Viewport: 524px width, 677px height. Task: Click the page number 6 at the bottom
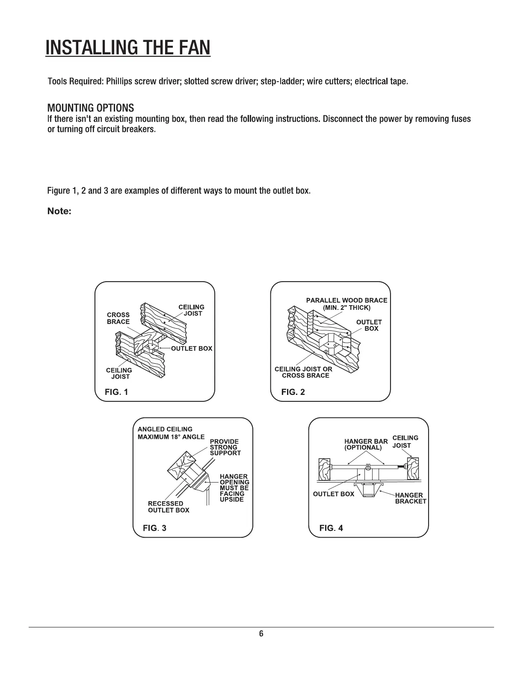click(x=261, y=634)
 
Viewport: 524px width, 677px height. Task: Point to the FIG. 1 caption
click(x=116, y=392)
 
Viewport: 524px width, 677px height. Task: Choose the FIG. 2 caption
click(x=293, y=392)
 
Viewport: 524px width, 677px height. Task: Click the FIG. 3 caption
click(x=154, y=528)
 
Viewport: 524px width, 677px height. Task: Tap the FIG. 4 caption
click(x=331, y=528)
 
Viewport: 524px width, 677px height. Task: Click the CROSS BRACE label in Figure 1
click(x=118, y=318)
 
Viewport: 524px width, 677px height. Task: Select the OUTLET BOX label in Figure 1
click(x=191, y=348)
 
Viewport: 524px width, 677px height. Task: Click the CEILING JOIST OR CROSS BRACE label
click(x=304, y=372)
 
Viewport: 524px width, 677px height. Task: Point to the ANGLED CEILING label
click(x=165, y=429)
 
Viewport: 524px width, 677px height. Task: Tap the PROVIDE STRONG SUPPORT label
click(x=225, y=447)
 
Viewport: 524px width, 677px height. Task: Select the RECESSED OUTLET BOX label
click(x=168, y=507)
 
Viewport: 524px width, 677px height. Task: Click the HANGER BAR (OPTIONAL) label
click(x=366, y=444)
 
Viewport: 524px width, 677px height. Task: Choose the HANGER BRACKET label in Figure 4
click(x=410, y=498)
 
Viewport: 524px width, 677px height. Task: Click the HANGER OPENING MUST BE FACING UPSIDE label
click(x=234, y=488)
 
